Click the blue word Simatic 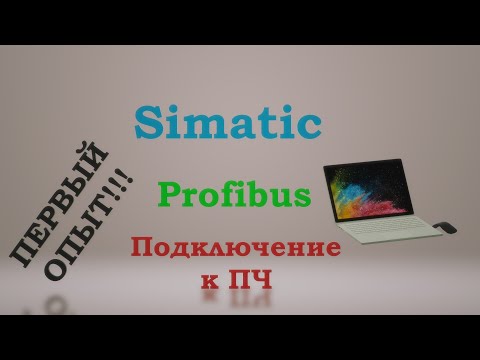pos(228,123)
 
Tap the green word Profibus pos(234,192)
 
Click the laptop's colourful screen pos(362,189)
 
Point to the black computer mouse pos(446,228)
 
